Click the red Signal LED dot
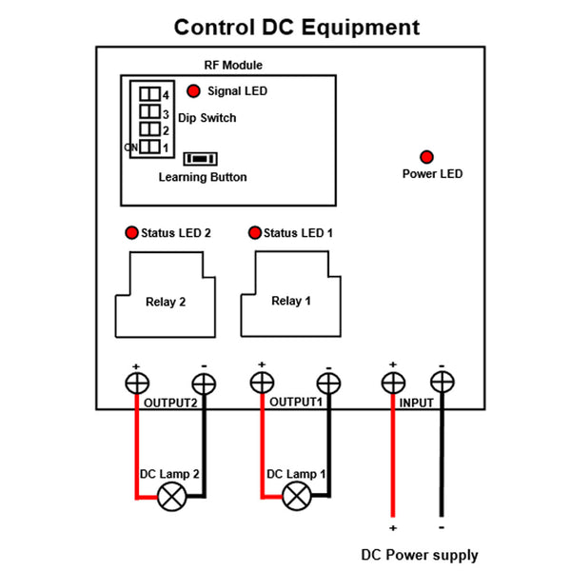(x=193, y=91)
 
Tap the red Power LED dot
(x=427, y=156)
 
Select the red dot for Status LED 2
(x=130, y=233)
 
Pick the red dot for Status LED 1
(x=254, y=233)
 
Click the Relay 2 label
(x=166, y=303)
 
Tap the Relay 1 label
(x=291, y=301)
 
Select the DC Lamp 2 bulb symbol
(x=172, y=496)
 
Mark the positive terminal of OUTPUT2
(x=137, y=383)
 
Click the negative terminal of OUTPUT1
(x=328, y=384)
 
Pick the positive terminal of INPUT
(x=392, y=383)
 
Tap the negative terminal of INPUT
(x=442, y=383)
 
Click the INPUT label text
(x=416, y=404)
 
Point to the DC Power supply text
(x=419, y=555)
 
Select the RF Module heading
(x=233, y=66)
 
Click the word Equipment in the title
(x=360, y=28)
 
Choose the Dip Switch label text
(x=207, y=118)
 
